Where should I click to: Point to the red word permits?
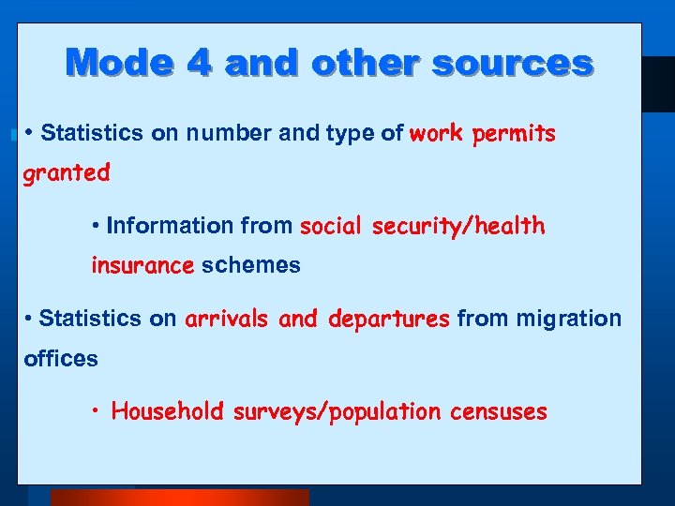pyautogui.click(x=514, y=134)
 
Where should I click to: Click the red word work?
pyautogui.click(x=436, y=133)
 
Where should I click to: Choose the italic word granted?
pyautogui.click(x=67, y=173)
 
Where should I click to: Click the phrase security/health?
pyautogui.click(x=458, y=226)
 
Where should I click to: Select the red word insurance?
pyautogui.click(x=142, y=266)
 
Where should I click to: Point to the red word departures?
pyautogui.click(x=389, y=319)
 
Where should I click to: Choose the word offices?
pyautogui.click(x=61, y=359)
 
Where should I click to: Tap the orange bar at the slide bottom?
pyautogui.click(x=179, y=497)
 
